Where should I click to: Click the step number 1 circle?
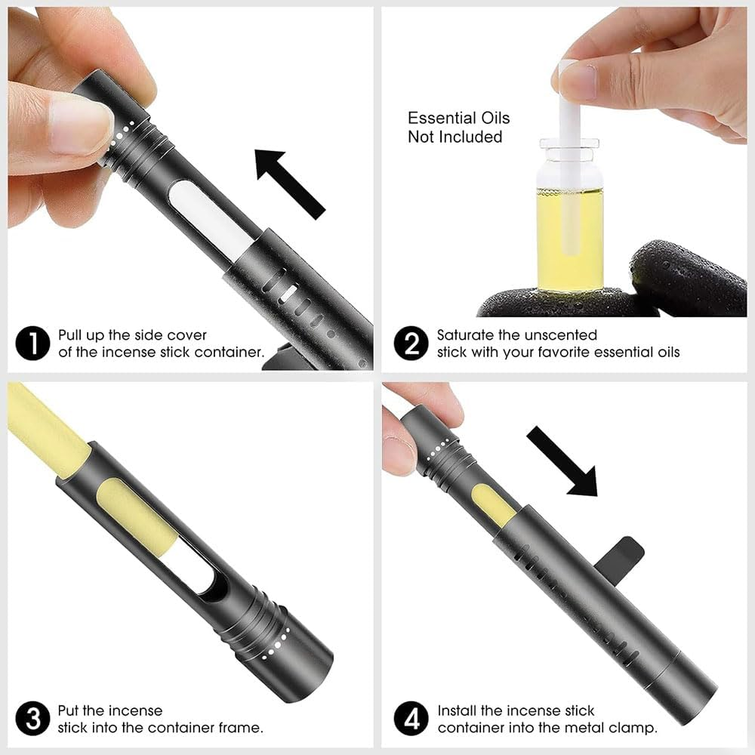[x=33, y=344]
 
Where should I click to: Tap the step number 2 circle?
[x=411, y=344]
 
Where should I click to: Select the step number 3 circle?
[x=33, y=719]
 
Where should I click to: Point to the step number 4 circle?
[x=411, y=719]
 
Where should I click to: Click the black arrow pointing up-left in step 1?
[x=288, y=181]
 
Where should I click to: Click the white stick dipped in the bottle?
[x=569, y=113]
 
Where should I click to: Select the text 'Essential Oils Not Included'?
[x=458, y=128]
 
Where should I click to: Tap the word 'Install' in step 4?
[x=461, y=710]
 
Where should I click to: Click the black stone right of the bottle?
[x=687, y=279]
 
